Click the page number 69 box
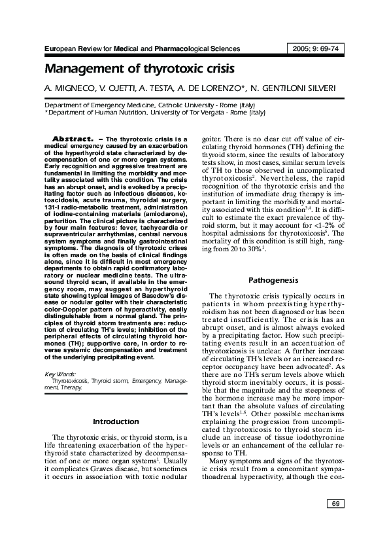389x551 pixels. [x=334, y=503]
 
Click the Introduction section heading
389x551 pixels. [x=115, y=421]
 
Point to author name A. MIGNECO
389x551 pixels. [x=69, y=88]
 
